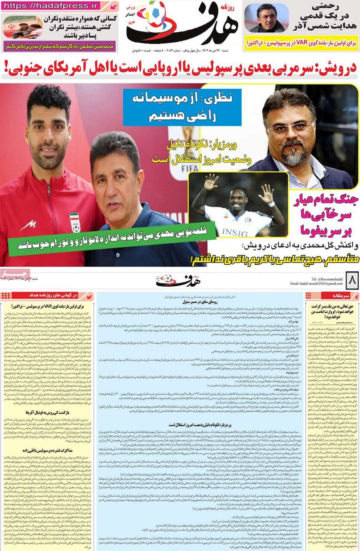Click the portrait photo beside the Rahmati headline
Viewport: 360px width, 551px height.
coord(266,19)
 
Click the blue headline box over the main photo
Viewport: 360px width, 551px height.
coord(182,107)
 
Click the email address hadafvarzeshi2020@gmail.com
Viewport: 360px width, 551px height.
coord(314,284)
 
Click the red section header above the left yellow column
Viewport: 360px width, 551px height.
coord(47,295)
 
